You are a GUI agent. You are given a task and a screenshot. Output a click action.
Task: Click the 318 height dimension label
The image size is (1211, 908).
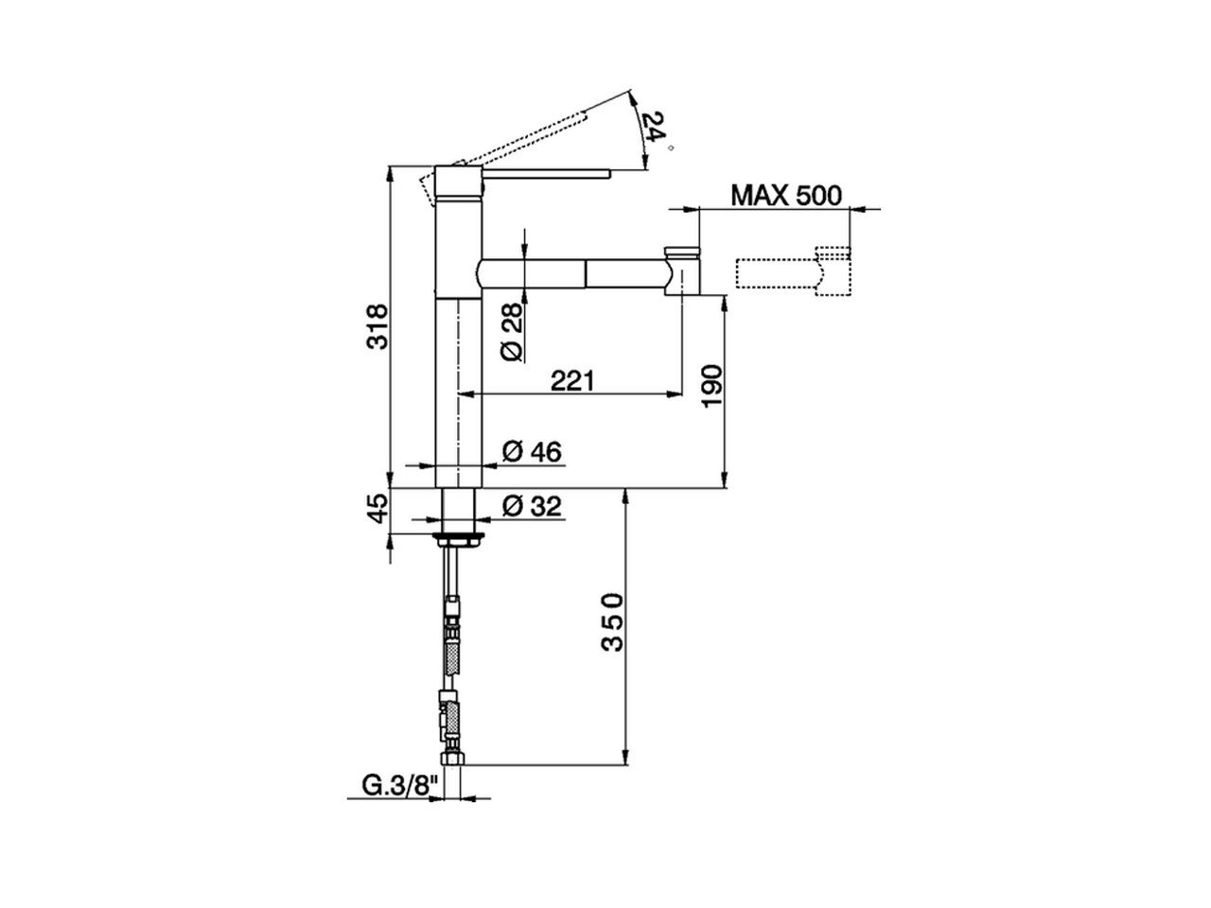tap(377, 326)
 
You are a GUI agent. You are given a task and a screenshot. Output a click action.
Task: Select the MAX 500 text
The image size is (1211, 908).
tap(785, 196)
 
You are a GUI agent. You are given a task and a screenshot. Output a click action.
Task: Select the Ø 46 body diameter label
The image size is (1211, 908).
tap(532, 452)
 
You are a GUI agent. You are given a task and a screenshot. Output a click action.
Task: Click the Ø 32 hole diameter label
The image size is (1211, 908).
tap(532, 506)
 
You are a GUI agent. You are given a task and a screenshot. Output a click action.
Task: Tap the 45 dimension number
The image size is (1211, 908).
tap(377, 510)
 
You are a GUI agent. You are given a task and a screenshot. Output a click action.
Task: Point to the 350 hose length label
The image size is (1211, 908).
tap(613, 622)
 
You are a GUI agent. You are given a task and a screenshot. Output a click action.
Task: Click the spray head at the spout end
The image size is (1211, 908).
tap(684, 271)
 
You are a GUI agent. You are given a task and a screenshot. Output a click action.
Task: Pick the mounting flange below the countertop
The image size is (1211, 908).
tap(459, 540)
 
